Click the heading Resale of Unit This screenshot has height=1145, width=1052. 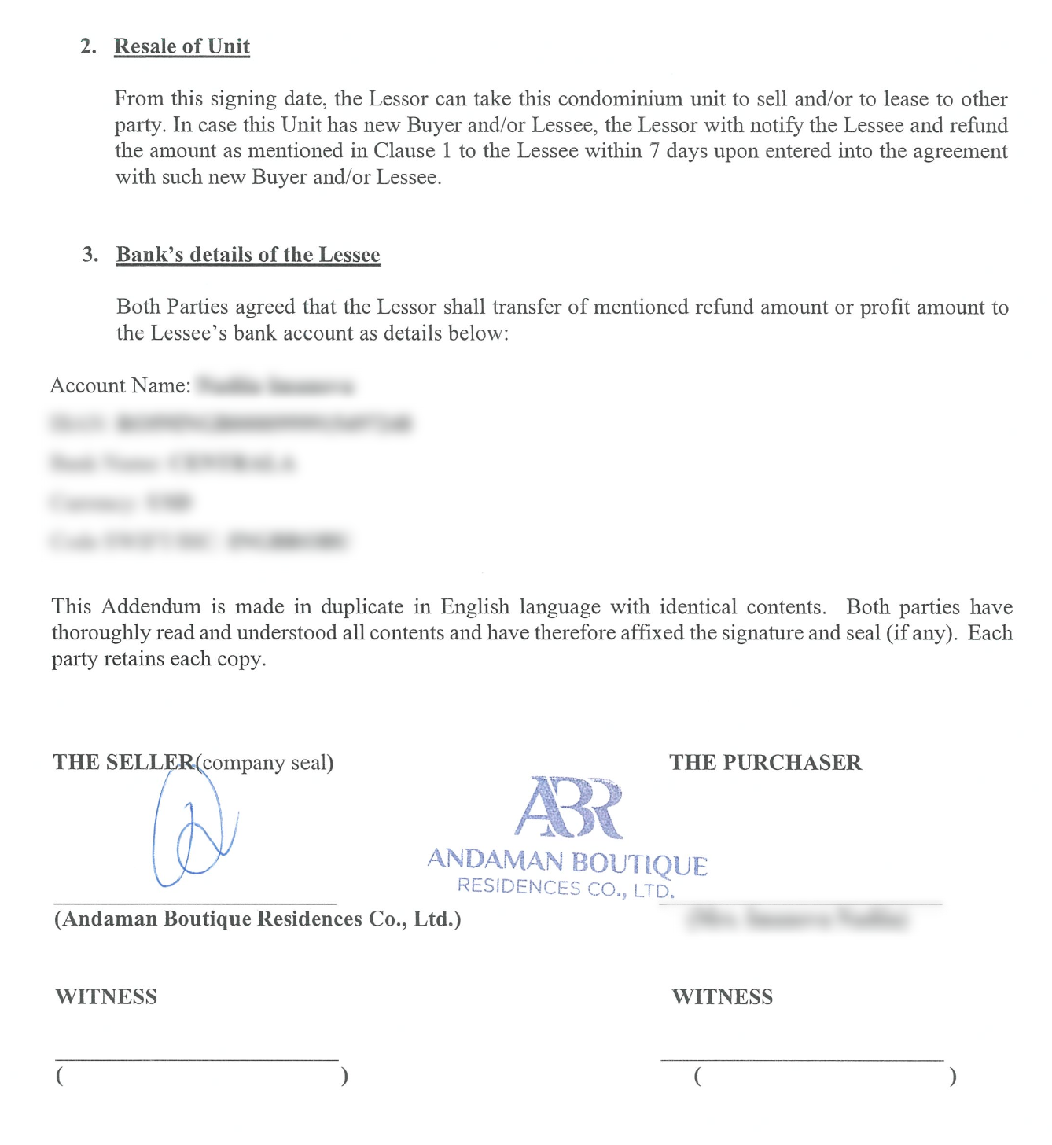click(x=182, y=46)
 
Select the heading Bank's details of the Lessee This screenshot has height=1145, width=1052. click(x=248, y=255)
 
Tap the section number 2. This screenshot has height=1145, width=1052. click(x=88, y=46)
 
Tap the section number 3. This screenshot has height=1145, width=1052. click(x=90, y=255)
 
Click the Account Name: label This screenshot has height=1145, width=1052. click(x=120, y=385)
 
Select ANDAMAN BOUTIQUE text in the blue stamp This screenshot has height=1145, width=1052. click(x=567, y=861)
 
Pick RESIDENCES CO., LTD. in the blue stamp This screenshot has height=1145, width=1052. click(x=565, y=888)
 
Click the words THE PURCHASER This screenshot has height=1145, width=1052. click(x=765, y=763)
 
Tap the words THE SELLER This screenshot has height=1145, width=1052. click(x=123, y=763)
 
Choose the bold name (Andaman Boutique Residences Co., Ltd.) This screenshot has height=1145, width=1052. click(x=257, y=919)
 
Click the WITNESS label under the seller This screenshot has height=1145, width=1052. click(x=106, y=997)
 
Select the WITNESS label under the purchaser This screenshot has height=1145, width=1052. click(x=722, y=997)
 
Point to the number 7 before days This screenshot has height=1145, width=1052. click(x=654, y=151)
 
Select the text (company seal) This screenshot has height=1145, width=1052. click(x=265, y=763)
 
